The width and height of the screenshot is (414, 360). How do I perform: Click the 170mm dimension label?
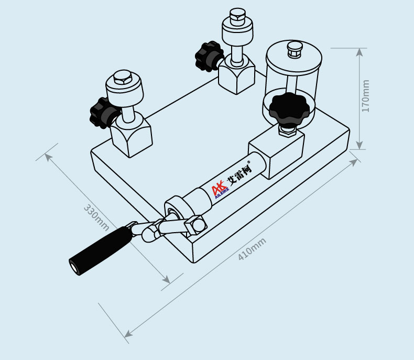(x=365, y=96)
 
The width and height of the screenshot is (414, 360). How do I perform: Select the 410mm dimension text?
(x=252, y=249)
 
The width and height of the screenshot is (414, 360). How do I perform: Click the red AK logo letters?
(x=218, y=188)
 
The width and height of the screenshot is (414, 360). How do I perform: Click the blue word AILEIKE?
(x=222, y=193)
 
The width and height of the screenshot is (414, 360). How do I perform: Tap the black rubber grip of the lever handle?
(x=100, y=250)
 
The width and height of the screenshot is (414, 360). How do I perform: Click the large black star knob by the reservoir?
(x=289, y=108)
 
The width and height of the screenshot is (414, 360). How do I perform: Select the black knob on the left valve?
(x=102, y=113)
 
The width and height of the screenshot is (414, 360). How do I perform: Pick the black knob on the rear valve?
(x=208, y=56)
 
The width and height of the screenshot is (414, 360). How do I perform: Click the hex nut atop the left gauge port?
(x=123, y=77)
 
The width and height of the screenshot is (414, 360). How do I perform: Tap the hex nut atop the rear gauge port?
(x=237, y=15)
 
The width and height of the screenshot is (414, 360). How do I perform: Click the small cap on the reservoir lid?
(x=295, y=49)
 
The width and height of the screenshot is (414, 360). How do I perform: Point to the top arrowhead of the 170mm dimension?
(x=359, y=52)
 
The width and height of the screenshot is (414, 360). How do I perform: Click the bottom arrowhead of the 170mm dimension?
(x=359, y=146)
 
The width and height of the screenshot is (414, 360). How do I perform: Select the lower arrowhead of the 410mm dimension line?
(x=128, y=334)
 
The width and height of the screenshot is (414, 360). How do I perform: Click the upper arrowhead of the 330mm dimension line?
(x=49, y=158)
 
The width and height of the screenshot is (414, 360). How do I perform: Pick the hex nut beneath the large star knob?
(x=287, y=130)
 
